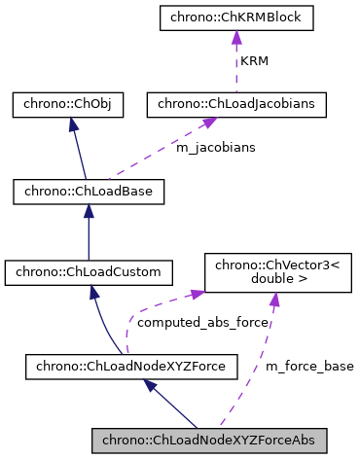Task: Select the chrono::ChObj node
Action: pyautogui.click(x=67, y=105)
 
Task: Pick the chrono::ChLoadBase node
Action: pyautogui.click(x=89, y=192)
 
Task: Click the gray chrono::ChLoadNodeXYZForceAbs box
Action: pyautogui.click(x=209, y=441)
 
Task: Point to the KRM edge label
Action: pyautogui.click(x=255, y=60)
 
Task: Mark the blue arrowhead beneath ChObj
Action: pyautogui.click(x=67, y=124)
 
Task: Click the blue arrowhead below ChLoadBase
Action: pyautogui.click(x=89, y=211)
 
